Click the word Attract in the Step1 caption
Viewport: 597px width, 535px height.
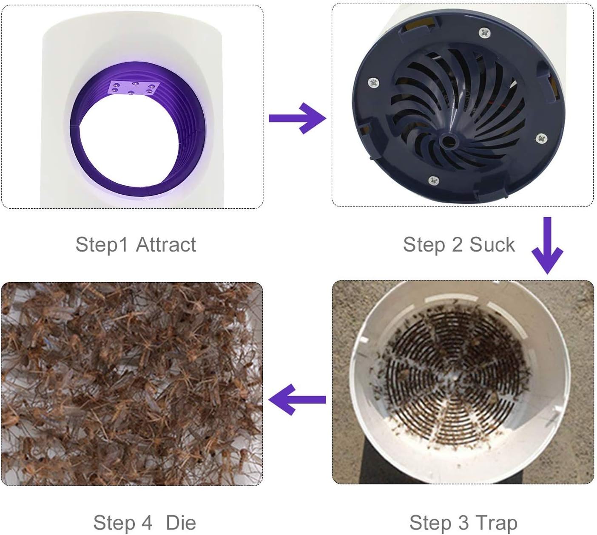click(x=166, y=244)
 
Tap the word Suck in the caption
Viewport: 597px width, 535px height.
click(x=492, y=244)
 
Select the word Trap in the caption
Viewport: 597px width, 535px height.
click(x=497, y=523)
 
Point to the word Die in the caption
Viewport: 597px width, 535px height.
click(x=181, y=523)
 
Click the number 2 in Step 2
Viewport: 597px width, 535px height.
click(x=457, y=244)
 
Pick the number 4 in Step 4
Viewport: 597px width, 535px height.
click(x=147, y=523)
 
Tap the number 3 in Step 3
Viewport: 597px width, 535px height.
click(x=463, y=523)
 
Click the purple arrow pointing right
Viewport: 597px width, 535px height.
click(x=297, y=119)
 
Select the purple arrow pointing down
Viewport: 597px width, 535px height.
click(x=547, y=245)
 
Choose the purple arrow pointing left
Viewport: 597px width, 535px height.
click(x=297, y=399)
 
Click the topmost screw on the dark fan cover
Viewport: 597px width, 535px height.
click(x=485, y=33)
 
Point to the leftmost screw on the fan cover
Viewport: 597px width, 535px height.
click(x=374, y=83)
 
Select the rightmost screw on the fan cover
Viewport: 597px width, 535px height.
click(x=542, y=138)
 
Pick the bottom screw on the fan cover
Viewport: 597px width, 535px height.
click(x=433, y=181)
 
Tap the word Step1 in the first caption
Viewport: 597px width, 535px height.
click(x=102, y=245)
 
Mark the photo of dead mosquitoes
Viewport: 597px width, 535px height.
click(x=132, y=384)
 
